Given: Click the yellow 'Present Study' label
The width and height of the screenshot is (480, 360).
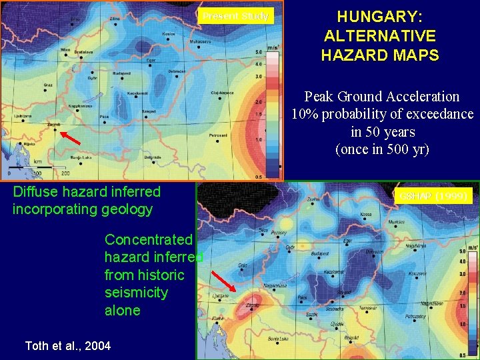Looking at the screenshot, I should pos(235,16).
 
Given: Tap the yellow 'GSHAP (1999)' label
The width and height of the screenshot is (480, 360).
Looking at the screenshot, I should pos(435,195).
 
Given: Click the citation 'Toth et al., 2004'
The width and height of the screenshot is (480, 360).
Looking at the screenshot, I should pos(68,345).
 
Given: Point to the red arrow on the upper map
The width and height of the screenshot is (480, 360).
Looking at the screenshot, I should pos(70,138).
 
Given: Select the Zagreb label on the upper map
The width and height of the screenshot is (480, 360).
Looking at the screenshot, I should pos(53,124).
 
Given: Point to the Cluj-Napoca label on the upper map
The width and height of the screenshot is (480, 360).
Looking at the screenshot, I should pos(222,93).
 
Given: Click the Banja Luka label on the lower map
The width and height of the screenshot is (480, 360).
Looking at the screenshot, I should pos(278,339).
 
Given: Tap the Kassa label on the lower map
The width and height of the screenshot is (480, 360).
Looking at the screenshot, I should pos(365,214).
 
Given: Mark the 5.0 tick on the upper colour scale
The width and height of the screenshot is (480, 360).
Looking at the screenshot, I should pos(258,51).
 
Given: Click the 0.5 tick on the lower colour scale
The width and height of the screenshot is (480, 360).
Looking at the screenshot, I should pos(462,355).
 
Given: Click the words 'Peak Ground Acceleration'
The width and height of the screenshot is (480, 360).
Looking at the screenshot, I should pos(382,97).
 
